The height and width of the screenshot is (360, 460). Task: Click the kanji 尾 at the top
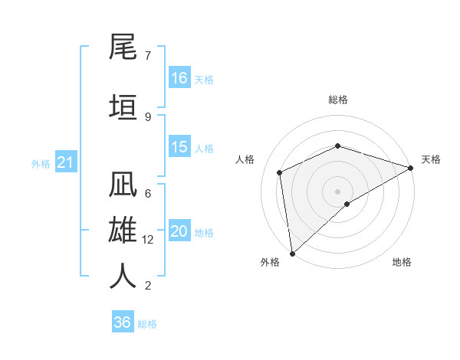click(x=123, y=49)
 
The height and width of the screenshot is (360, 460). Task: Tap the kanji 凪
click(x=123, y=188)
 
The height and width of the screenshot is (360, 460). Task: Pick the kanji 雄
click(x=123, y=231)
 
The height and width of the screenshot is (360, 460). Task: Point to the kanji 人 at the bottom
click(x=123, y=276)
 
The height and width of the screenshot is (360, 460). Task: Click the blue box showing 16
click(x=179, y=77)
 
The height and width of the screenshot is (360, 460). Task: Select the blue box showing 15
click(x=179, y=147)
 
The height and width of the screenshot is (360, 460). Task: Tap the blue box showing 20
click(x=179, y=231)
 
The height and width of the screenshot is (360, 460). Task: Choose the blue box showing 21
click(x=65, y=162)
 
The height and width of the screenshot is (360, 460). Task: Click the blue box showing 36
click(x=123, y=322)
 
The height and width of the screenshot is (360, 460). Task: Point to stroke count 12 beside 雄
click(x=149, y=240)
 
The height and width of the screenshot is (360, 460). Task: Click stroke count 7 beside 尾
click(x=147, y=55)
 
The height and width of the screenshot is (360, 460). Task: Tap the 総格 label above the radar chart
click(x=338, y=100)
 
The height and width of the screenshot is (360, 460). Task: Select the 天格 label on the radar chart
click(x=432, y=159)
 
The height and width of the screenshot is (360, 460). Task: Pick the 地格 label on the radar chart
click(x=402, y=262)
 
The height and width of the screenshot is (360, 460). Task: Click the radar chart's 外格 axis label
click(x=270, y=262)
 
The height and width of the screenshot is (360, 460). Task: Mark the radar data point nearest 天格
click(x=411, y=168)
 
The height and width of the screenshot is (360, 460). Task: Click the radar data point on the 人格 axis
click(x=280, y=172)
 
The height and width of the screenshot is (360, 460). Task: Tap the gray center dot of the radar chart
click(x=337, y=191)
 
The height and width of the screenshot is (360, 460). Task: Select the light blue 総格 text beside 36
click(x=147, y=323)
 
